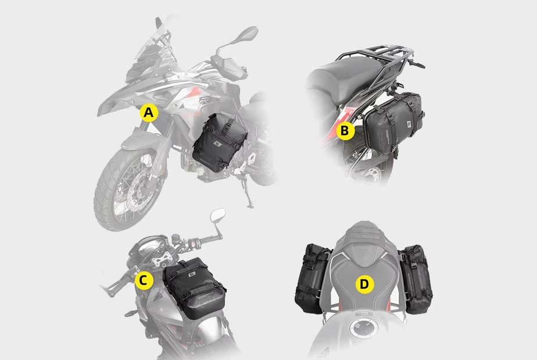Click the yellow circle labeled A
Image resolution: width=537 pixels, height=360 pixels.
pyautogui.click(x=149, y=113)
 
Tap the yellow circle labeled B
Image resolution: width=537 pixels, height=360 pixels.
pyautogui.click(x=345, y=131)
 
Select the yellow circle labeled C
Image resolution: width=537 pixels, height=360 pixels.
pyautogui.click(x=144, y=281)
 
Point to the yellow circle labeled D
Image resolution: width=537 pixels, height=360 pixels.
pyautogui.click(x=364, y=284)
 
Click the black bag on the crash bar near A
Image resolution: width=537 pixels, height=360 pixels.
pyautogui.click(x=220, y=142)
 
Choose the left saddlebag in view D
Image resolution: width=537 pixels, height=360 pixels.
pyautogui.click(x=312, y=279)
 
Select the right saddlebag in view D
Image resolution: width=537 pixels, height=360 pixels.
pyautogui.click(x=416, y=279)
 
